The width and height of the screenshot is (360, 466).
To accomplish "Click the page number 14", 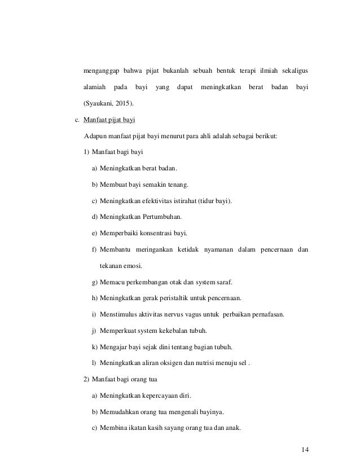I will point(305,449).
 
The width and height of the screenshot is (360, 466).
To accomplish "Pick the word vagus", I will point(190,314).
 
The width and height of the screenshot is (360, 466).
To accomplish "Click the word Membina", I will point(113,427).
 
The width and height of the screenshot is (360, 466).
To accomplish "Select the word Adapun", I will point(94,136).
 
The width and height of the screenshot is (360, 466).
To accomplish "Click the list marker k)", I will point(94,346).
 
